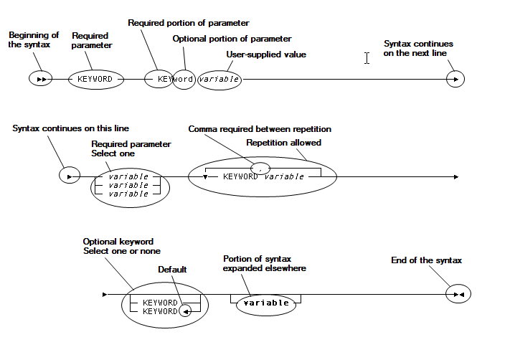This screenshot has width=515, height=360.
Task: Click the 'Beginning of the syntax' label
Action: point(33,39)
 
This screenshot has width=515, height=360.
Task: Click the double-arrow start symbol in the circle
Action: point(40,78)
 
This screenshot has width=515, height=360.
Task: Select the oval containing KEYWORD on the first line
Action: point(95,78)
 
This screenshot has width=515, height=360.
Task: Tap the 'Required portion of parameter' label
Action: point(188,23)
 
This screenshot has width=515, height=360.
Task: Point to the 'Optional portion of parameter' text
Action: point(232,39)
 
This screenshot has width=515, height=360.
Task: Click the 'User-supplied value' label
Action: point(265,55)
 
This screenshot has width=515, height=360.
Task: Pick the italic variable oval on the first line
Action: point(219,79)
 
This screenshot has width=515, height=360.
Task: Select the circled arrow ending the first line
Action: point(455,78)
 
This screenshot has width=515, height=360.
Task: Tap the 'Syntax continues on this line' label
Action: point(70,128)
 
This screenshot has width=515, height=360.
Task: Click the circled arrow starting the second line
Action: point(69,176)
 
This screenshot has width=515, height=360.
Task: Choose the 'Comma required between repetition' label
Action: point(260,129)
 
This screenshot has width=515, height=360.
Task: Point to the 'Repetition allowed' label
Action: point(283,143)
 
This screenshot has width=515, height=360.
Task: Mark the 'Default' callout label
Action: point(172,270)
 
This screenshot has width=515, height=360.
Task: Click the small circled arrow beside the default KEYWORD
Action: point(185,311)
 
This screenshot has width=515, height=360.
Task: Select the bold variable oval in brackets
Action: point(265,303)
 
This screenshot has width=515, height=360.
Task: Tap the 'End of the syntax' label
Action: point(426,260)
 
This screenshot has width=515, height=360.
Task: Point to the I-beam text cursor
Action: point(367,58)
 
